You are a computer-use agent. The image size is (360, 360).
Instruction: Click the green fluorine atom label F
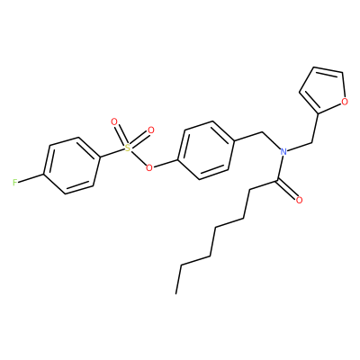15,183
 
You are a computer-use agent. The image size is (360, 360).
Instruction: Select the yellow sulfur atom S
128,148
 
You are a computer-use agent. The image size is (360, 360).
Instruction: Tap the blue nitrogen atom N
283,151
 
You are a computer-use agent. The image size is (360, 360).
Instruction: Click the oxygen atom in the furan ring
345,102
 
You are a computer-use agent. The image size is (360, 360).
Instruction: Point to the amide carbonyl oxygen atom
299,200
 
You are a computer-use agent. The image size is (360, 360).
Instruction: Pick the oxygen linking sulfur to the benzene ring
148,167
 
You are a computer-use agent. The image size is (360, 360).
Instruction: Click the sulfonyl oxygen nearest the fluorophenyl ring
113,121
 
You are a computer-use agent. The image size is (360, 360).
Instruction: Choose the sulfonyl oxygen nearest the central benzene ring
151,130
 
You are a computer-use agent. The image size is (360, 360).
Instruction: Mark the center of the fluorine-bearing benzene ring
72,166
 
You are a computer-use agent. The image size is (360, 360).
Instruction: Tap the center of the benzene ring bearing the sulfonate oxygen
207,150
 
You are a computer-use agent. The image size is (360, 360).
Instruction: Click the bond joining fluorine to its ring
31,178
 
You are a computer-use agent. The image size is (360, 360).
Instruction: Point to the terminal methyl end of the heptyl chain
176,293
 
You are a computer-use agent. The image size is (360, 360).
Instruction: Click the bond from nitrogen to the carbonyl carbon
280,168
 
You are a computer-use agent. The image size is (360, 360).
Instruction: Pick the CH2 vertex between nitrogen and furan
311,142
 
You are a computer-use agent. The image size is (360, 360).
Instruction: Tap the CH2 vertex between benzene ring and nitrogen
263,131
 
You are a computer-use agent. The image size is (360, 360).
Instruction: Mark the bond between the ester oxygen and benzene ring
166,164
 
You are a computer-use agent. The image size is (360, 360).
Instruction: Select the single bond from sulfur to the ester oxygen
138,157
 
